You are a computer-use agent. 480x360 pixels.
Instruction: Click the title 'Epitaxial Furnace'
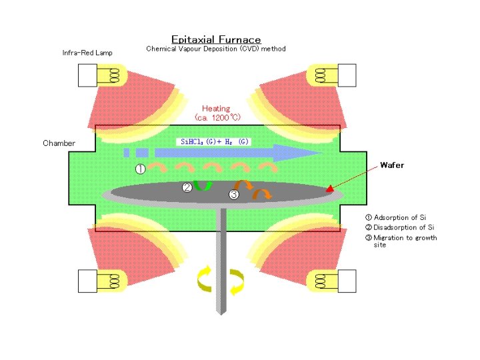pyautogui.click(x=216, y=39)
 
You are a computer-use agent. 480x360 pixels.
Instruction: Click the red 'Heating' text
pyautogui.click(x=216, y=109)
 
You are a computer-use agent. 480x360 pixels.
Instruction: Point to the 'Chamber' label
pyautogui.click(x=59, y=143)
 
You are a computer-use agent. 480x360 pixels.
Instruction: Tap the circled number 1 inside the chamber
pyautogui.click(x=141, y=169)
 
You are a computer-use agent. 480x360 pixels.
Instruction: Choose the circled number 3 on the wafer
pyautogui.click(x=233, y=195)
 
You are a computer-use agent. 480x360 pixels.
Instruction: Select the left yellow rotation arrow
pyautogui.click(x=204, y=279)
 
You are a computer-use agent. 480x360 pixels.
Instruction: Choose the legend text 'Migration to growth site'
pyautogui.click(x=404, y=241)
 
